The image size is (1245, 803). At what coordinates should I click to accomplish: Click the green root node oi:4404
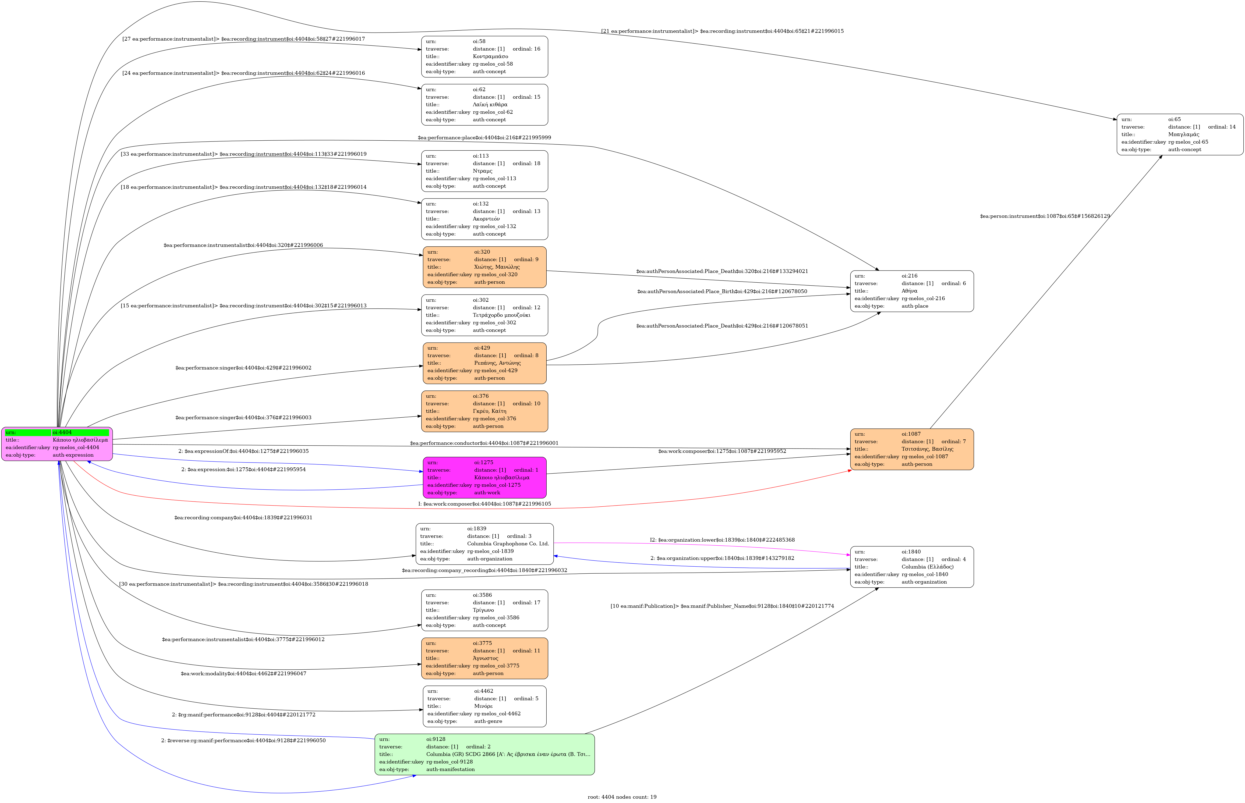pos(57,444)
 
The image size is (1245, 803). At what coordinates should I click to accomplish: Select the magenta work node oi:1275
pos(484,478)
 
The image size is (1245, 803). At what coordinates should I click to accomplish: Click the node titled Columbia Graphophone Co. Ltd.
pos(484,544)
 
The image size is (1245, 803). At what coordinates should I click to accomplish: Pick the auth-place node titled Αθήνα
pos(912,291)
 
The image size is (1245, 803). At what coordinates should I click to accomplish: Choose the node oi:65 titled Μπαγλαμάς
pos(1180,134)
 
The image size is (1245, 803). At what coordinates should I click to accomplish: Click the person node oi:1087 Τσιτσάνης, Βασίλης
pos(912,449)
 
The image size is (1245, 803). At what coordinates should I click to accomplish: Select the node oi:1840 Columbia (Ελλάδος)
pos(912,567)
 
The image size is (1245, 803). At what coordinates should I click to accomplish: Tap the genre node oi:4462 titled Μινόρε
pos(484,706)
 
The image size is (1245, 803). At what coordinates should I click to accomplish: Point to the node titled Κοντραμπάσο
pos(484,56)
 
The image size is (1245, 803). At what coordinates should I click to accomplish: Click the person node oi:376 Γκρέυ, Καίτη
pos(484,411)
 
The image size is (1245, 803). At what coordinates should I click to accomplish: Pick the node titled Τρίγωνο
pos(484,610)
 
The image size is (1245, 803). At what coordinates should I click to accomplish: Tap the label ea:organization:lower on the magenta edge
pos(722,540)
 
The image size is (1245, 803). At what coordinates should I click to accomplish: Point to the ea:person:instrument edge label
pos(1045,216)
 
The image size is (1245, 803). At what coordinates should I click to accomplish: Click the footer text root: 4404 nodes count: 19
pos(622,797)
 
